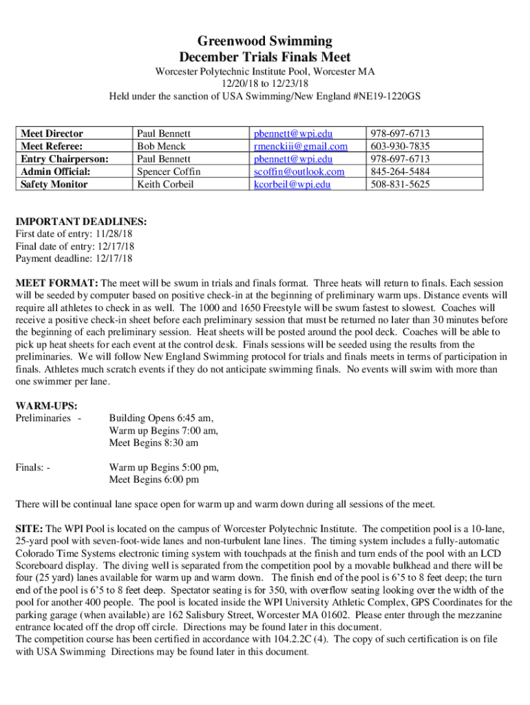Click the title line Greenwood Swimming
pos(265,41)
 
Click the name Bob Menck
pos(162,146)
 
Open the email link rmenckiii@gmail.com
pos(301,146)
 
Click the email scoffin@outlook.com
pos(299,171)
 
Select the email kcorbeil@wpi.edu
pos(292,184)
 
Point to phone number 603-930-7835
pos(400,146)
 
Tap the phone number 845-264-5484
pos(400,171)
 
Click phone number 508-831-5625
pos(400,184)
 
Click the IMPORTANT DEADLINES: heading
pos(81,222)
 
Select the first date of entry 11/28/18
pos(114,234)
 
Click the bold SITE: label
pos(29,529)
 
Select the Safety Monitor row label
pos(54,184)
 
